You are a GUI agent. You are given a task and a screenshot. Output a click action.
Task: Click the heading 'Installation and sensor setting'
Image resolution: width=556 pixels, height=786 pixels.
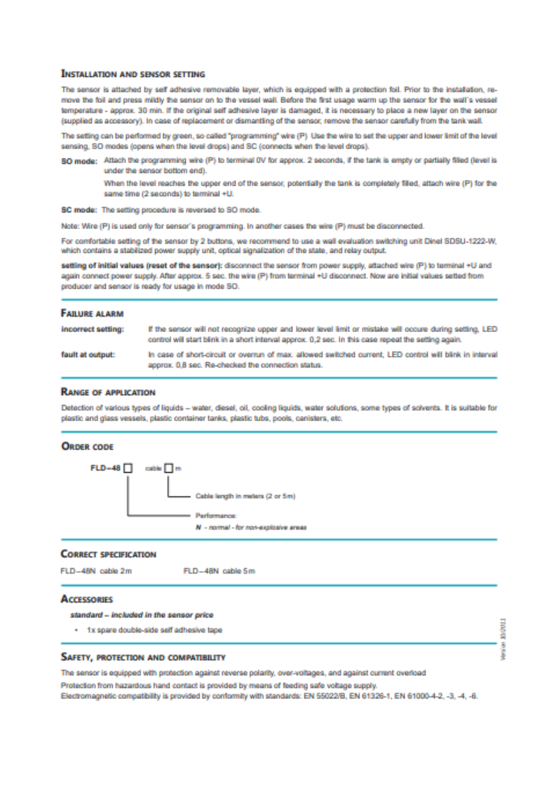tap(133, 73)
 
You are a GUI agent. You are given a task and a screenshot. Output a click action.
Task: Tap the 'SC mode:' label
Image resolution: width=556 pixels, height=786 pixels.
tap(79, 209)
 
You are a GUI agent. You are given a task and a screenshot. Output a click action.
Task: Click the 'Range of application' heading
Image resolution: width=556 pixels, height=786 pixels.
tap(108, 392)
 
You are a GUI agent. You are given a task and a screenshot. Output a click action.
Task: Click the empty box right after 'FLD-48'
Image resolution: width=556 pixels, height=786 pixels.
tap(128, 469)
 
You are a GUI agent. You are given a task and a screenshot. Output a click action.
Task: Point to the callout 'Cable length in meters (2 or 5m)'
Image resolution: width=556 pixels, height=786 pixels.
tap(240, 497)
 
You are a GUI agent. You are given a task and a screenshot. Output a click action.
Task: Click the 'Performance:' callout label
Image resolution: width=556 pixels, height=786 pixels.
tap(211, 515)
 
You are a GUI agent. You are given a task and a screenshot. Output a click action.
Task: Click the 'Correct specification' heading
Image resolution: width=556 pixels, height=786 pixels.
tap(108, 554)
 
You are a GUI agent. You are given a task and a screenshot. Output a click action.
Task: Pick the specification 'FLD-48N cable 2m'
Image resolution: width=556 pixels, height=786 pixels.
tap(96, 572)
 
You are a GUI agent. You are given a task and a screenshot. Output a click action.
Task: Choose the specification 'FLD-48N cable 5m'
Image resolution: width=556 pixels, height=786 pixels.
tap(219, 572)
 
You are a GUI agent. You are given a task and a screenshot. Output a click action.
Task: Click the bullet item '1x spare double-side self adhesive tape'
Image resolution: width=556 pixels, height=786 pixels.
tap(154, 630)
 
